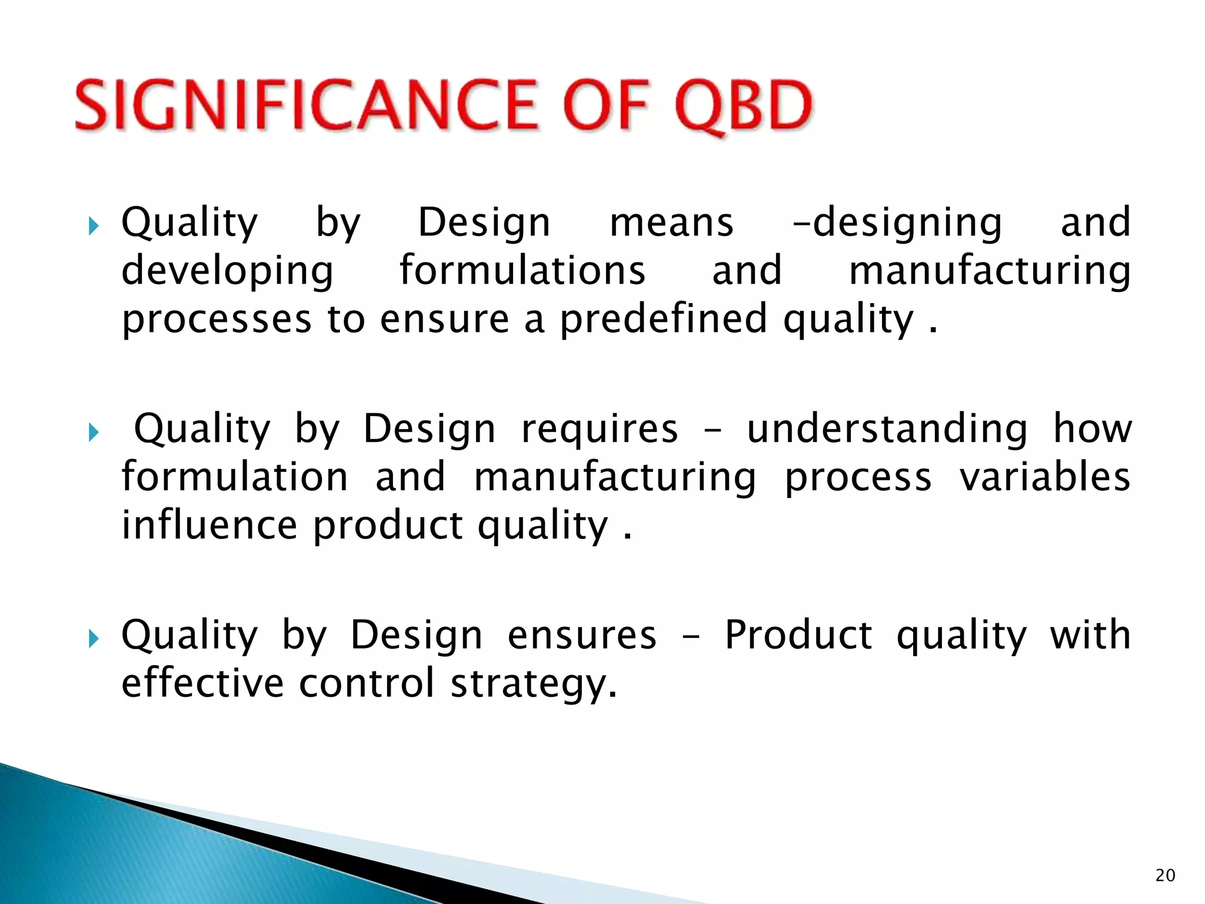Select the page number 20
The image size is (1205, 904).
coord(1165,875)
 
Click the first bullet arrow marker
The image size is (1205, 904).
coord(94,225)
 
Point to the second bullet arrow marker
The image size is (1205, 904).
coord(94,433)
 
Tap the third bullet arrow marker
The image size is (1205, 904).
coord(94,638)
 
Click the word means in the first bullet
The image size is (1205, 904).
coord(671,223)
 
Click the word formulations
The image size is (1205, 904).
coord(522,270)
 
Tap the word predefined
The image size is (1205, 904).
coord(663,320)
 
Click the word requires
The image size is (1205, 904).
coord(600,429)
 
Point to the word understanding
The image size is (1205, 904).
coord(887,429)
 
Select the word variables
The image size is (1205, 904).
coord(1044,477)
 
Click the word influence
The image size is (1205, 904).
coord(209,525)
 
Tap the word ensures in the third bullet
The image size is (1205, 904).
coord(582,636)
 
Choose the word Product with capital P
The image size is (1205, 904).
coord(798,636)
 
